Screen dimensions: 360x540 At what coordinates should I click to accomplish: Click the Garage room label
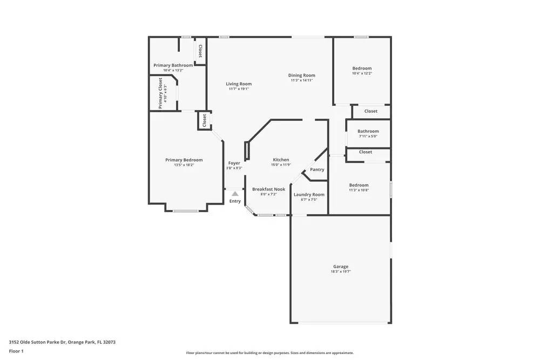340,266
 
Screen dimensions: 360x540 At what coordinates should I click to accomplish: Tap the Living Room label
239,84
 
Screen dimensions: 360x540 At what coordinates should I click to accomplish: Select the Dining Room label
301,75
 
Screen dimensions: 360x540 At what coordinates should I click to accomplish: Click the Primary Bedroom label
184,160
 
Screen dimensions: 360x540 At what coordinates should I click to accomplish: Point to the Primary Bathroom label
173,65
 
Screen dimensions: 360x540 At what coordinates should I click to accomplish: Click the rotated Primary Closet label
160,93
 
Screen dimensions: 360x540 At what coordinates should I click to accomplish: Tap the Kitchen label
281,160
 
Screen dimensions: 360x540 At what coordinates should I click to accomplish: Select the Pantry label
317,169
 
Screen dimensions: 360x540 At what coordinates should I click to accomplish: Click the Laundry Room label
309,194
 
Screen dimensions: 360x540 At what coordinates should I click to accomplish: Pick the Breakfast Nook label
268,189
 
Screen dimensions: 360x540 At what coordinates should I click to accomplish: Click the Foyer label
234,163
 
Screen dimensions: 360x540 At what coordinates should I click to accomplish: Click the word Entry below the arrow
235,201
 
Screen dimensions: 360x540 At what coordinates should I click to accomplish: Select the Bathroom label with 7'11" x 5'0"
368,131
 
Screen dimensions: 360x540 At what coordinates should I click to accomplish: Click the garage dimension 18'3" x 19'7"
341,272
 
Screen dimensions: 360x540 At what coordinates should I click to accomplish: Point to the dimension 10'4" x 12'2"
362,73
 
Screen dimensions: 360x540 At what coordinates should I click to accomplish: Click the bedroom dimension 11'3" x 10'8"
359,190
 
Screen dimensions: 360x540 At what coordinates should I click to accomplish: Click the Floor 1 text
16,351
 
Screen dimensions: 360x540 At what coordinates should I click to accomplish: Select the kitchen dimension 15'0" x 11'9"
281,165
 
